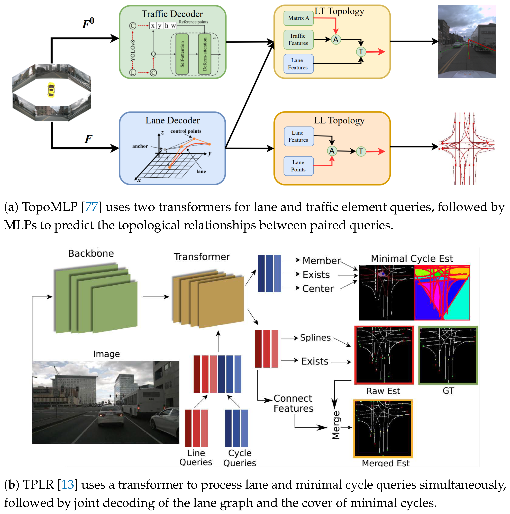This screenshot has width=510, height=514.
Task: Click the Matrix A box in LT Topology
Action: pos(298,18)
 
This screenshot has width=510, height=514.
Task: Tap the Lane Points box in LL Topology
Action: pos(298,166)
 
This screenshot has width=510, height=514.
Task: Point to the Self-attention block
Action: pos(182,54)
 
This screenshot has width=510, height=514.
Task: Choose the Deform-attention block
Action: pos(205,54)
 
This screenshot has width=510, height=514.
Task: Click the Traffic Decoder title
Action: pos(172,14)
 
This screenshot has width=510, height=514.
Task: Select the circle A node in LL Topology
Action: pos(332,151)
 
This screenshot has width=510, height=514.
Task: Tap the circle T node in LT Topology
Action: pos(361,52)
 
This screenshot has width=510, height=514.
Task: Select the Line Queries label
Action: pos(196,458)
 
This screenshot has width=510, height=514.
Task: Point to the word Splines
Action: pos(315,338)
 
